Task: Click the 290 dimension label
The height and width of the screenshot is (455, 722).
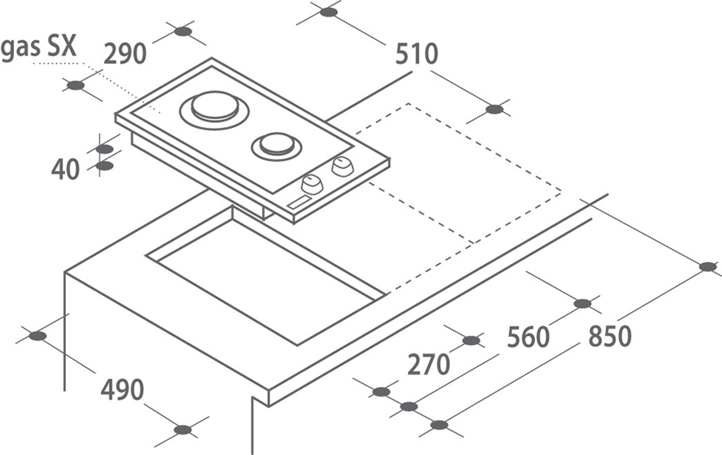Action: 125,54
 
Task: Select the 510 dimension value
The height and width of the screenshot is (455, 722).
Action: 416,54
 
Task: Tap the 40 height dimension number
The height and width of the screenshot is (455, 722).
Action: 65,170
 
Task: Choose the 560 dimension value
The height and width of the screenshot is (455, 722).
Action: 528,337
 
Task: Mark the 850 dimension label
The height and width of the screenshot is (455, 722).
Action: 610,336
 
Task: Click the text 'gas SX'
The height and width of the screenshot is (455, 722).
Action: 38,46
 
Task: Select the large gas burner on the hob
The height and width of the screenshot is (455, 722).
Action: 215,109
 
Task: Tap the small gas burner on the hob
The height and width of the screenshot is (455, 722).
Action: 276,145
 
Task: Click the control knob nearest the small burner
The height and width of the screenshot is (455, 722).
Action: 342,166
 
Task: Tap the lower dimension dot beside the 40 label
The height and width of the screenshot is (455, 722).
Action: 105,166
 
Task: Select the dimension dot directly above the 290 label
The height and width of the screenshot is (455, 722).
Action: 182,31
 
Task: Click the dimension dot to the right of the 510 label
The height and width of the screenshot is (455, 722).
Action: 495,110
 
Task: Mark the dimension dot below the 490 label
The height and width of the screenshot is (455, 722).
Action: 183,430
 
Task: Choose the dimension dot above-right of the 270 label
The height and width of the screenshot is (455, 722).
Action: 471,340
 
